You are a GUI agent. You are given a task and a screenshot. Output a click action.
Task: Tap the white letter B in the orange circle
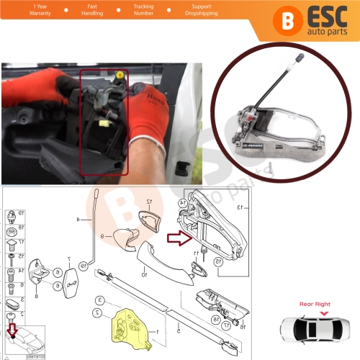(x=267, y=20)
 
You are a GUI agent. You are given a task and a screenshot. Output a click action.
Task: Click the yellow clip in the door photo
(x=118, y=75)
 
